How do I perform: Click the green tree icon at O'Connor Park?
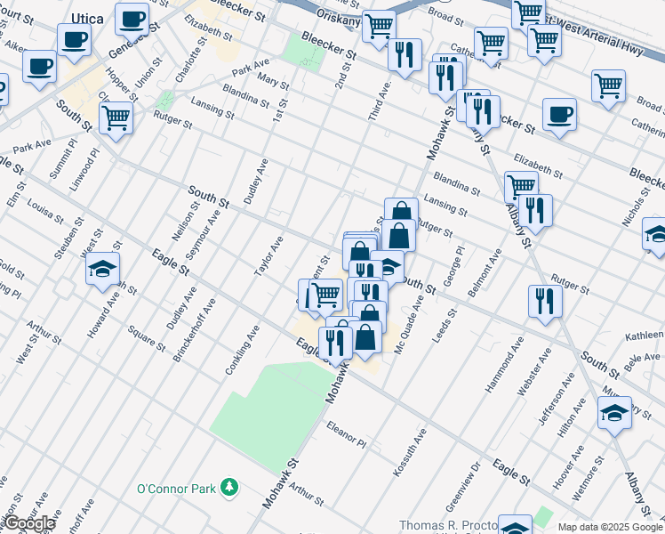tap(230, 487)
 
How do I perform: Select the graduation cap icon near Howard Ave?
tap(102, 268)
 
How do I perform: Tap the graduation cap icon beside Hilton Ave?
tap(614, 412)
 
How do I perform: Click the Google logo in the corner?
tap(28, 523)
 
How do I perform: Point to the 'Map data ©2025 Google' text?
tap(610, 527)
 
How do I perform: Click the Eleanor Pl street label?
tap(347, 434)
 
